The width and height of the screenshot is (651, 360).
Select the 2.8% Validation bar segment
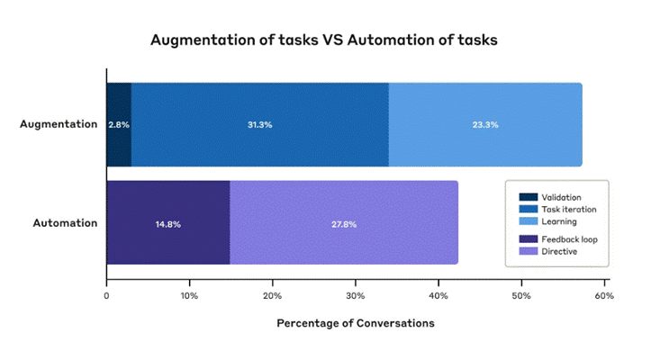pyautogui.click(x=119, y=124)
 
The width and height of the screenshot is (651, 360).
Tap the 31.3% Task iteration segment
pyautogui.click(x=260, y=124)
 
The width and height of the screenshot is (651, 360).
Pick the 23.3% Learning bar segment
pyautogui.click(x=485, y=124)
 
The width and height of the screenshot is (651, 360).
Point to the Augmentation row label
pyautogui.click(x=59, y=124)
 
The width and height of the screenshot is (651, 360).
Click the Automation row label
pyautogui.click(x=65, y=223)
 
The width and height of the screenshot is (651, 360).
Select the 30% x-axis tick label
pyautogui.click(x=356, y=296)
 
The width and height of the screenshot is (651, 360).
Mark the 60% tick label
pyautogui.click(x=604, y=296)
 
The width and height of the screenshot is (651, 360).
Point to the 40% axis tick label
pyautogui.click(x=439, y=296)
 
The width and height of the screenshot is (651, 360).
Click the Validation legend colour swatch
pyautogui.click(x=529, y=197)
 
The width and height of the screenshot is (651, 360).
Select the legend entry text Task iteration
pyautogui.click(x=569, y=210)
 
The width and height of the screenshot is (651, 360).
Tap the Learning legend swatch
pyautogui.click(x=529, y=221)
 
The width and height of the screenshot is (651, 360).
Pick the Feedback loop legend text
pyautogui.click(x=569, y=239)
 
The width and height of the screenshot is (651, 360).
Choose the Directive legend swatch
pyautogui.click(x=529, y=251)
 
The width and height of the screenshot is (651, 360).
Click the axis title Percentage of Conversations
pyautogui.click(x=356, y=323)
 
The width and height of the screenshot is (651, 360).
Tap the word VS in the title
pyautogui.click(x=331, y=40)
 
